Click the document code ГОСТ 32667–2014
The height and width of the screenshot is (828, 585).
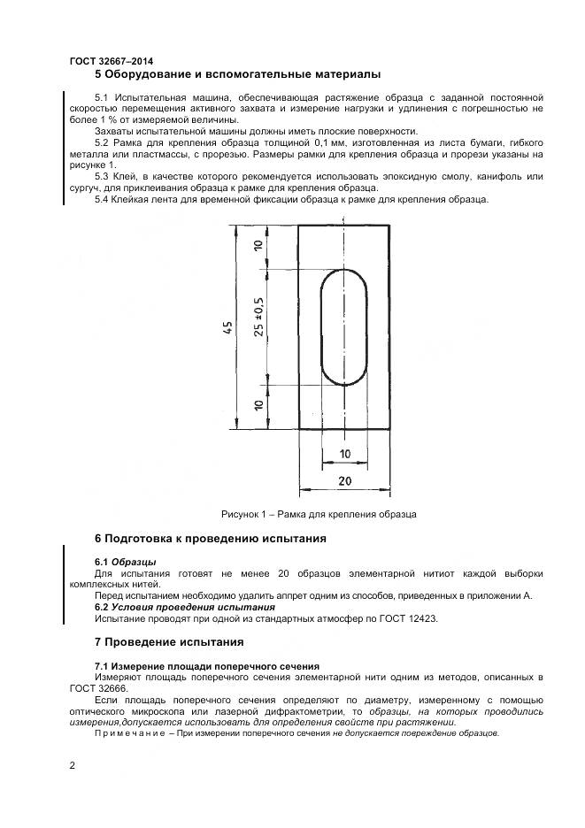(111, 61)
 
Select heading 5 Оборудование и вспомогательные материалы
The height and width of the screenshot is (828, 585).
(237, 74)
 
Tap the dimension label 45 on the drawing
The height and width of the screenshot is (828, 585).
(229, 328)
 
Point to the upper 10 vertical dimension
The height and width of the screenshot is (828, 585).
(258, 248)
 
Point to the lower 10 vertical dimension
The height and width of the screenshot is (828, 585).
(258, 407)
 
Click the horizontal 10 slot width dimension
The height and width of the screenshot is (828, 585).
(344, 454)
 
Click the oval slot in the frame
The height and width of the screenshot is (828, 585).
(343, 327)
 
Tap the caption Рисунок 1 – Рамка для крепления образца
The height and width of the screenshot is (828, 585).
(318, 514)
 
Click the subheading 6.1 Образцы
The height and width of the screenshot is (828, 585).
(125, 562)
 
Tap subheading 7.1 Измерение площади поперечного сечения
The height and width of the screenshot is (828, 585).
(206, 665)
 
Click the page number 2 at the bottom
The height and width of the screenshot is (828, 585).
(73, 765)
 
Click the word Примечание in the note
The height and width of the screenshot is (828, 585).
(125, 733)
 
